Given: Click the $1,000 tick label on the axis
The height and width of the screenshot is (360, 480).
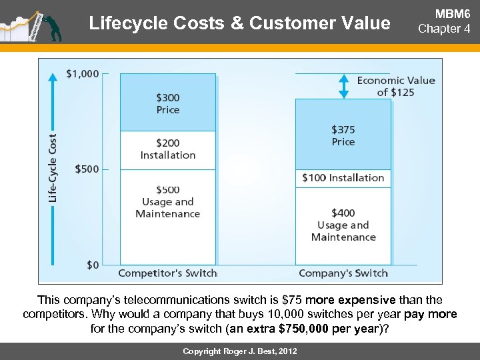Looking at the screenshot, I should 83,73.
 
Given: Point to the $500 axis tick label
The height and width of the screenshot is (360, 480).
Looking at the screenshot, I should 87,169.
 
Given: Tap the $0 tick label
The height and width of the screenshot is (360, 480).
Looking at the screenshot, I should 93,265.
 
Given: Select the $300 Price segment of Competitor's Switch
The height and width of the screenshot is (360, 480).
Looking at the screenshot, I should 168,103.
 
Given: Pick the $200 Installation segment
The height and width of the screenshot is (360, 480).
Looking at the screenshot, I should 168,149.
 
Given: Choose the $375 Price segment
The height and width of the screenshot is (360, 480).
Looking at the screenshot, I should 343,135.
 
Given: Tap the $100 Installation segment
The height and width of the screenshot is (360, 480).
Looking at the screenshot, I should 343,178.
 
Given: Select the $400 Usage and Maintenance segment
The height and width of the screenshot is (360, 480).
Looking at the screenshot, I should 343,225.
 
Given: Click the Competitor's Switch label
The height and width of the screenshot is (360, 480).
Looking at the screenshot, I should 168,273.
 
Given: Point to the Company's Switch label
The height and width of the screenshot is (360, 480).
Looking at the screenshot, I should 343,273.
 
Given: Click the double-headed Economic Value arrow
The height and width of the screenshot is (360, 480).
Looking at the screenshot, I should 344,86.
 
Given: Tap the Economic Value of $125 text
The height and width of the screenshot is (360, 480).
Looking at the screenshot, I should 396,86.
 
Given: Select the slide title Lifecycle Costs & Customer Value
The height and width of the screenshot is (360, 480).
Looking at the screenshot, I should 239,24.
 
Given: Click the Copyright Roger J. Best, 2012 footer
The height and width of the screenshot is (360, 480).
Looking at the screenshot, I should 241,351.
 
